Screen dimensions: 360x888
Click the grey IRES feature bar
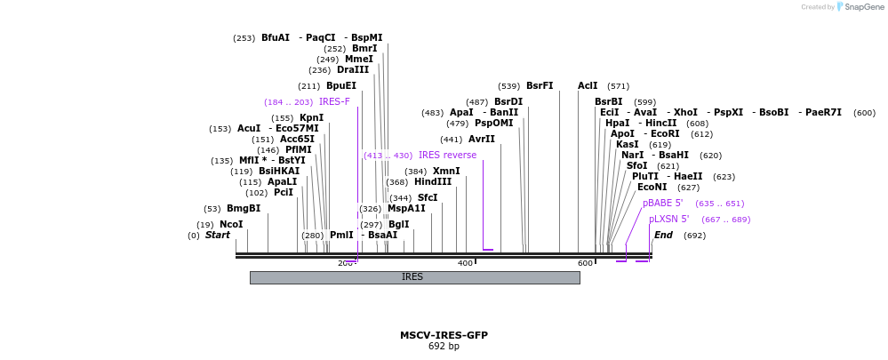414,277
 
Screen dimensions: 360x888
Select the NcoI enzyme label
231,225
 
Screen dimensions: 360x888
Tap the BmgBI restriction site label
244,209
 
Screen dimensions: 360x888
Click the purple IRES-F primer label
334,101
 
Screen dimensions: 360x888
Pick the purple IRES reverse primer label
447,156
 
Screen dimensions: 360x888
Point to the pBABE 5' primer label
662,203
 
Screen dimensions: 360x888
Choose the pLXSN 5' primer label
668,219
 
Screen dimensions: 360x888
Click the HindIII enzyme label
433,182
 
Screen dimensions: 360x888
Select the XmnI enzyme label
446,171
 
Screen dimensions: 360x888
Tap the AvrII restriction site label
481,140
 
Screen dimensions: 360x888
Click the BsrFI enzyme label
540,86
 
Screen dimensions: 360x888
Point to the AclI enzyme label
588,86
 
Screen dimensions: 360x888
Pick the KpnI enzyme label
311,118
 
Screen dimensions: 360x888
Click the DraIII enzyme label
353,70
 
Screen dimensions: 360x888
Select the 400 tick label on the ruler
465,263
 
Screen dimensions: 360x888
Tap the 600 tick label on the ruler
585,263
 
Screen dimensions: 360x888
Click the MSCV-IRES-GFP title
444,335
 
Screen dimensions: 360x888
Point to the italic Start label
218,236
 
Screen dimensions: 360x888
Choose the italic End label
663,236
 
